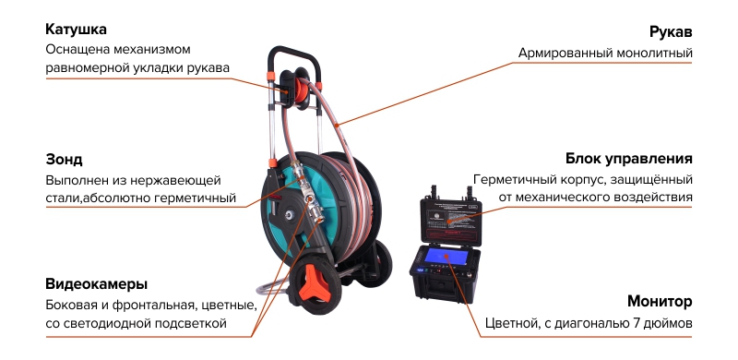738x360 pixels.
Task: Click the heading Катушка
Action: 76,30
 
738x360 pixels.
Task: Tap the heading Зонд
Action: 64,160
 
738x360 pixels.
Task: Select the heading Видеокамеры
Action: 97,284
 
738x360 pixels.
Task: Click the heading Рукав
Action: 671,32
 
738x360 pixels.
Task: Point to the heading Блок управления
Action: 629,159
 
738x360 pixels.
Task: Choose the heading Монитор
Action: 660,301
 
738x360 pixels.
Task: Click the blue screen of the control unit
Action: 446,257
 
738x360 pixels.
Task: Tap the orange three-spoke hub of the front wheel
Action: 315,282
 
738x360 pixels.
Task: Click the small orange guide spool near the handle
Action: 298,88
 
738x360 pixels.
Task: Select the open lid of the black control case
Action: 451,219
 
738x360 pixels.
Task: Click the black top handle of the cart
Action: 293,59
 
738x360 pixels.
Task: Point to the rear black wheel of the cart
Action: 377,263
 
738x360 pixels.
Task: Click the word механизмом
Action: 152,50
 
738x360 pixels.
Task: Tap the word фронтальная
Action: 154,305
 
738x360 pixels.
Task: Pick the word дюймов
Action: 673,324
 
